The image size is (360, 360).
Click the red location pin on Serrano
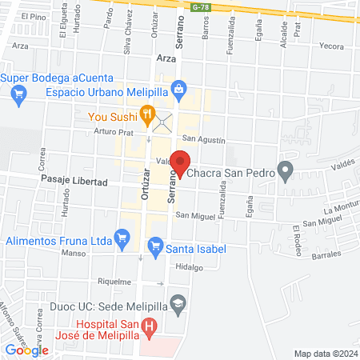(x=181, y=162)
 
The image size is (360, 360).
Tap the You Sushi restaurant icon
(x=146, y=114)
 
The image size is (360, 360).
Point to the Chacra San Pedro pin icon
(x=285, y=170)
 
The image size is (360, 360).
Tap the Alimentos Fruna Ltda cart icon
(x=122, y=237)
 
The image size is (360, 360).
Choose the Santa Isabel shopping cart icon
(x=155, y=248)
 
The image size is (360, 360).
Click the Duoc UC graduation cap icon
(x=179, y=303)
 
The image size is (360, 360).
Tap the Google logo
(x=26, y=350)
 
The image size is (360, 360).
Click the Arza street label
(x=166, y=58)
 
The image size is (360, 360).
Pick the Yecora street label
(x=331, y=46)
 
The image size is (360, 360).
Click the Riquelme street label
(x=113, y=282)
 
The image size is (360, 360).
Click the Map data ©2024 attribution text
(x=325, y=353)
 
